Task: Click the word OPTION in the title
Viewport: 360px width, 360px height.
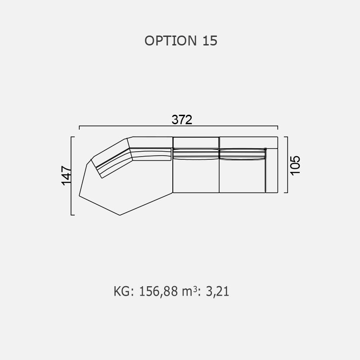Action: (x=171, y=40)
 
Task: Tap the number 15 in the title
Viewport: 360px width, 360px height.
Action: (x=210, y=40)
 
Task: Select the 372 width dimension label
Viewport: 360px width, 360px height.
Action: (x=182, y=120)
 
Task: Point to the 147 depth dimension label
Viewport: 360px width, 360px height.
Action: (x=66, y=175)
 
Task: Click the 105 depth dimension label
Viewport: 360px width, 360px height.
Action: (x=295, y=166)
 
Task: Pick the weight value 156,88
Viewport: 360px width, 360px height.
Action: (x=158, y=291)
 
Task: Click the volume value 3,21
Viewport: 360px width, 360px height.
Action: (x=217, y=291)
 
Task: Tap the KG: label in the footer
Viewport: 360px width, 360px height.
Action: (x=124, y=291)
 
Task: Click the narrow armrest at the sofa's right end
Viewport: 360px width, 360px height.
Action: (x=272, y=171)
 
